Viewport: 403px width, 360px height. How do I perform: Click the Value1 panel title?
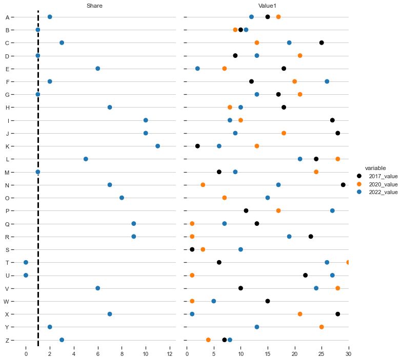(x=267, y=6)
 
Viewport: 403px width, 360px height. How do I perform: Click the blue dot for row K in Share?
(x=157, y=146)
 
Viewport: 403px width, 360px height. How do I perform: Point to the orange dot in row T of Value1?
(x=348, y=262)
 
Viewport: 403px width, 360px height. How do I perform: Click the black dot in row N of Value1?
(x=343, y=185)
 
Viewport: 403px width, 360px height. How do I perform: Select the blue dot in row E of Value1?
(x=197, y=69)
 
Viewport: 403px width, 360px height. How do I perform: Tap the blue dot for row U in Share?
(x=26, y=275)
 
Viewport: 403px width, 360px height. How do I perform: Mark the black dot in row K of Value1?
(x=197, y=146)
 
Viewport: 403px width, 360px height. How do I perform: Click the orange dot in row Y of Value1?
(x=321, y=327)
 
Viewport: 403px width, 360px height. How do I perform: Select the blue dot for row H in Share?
(x=110, y=108)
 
